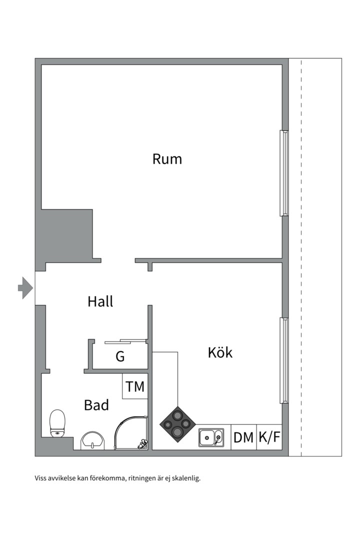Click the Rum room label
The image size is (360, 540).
tap(167, 159)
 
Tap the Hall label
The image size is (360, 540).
tap(100, 301)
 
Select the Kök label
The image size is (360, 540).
tap(220, 352)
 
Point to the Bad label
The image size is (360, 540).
tap(96, 405)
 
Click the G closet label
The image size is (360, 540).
tap(120, 356)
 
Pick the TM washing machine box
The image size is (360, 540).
tap(135, 386)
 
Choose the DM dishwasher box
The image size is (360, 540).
tap(243, 437)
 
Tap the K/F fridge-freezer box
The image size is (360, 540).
tap(269, 437)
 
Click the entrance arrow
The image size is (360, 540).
tap(25, 287)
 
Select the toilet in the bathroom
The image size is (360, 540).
tap(57, 423)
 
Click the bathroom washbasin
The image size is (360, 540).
tap(92, 440)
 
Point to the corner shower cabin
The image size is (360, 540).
tap(131, 433)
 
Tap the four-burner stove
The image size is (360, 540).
tap(178, 424)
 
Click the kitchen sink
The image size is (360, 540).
tap(211, 437)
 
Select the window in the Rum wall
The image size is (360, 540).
tap(284, 173)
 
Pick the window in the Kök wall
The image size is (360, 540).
tap(284, 360)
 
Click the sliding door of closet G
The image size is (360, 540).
tap(125, 341)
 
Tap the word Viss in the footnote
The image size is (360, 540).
tap(40, 478)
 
